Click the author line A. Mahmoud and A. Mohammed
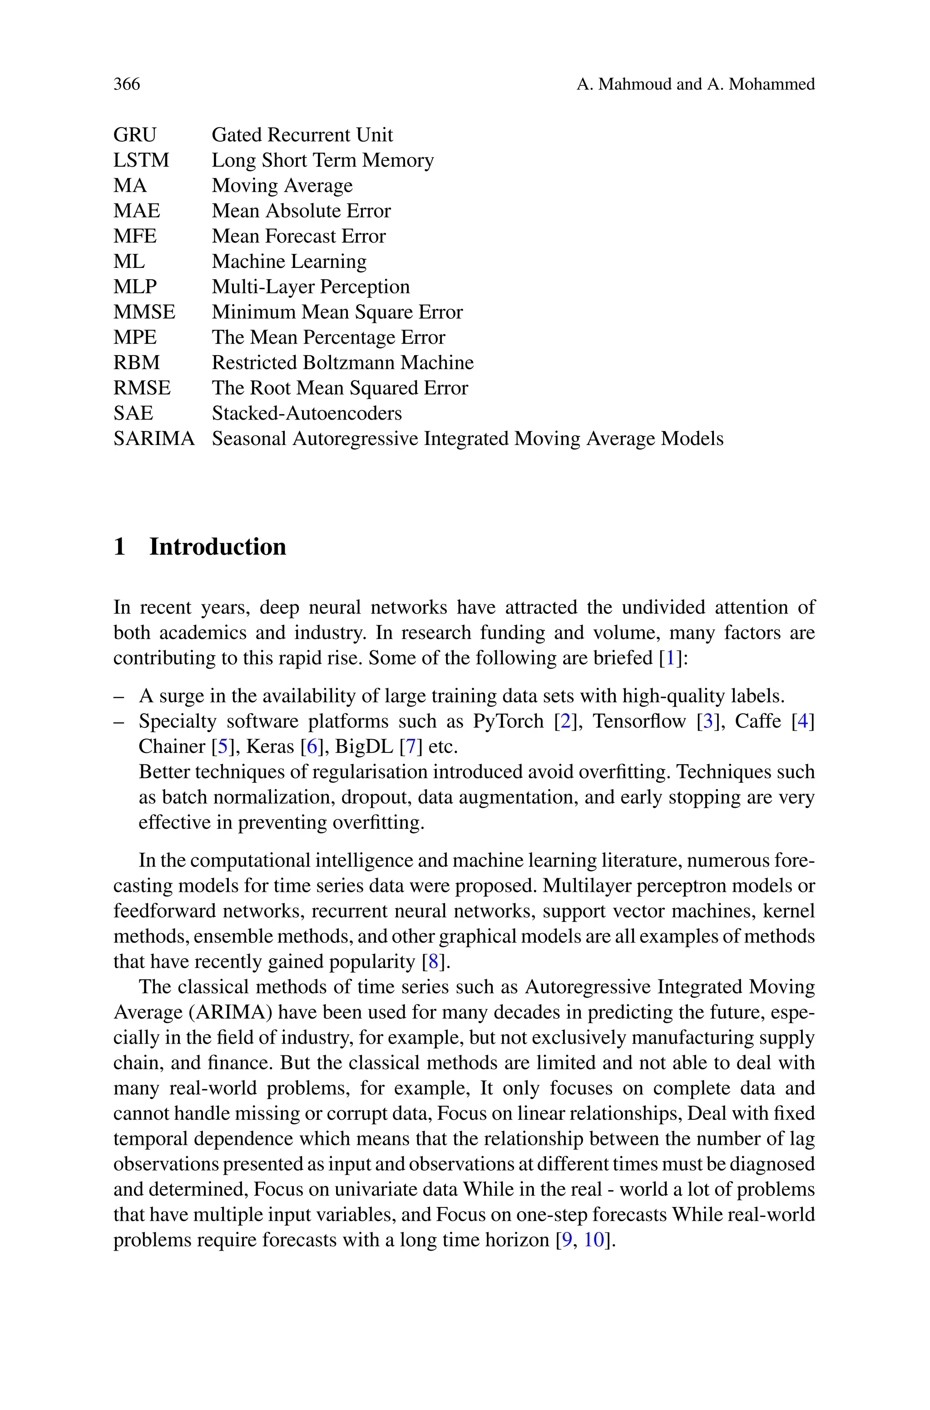pos(695,84)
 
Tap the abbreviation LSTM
pos(141,161)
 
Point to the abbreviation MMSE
pos(144,312)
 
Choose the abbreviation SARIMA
pos(153,439)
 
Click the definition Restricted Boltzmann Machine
pos(342,363)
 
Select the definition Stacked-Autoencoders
pos(306,413)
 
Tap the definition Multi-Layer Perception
pos(310,287)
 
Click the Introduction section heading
pos(217,547)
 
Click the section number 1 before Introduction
pos(119,547)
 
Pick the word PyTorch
pos(508,721)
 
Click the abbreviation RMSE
pos(142,388)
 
